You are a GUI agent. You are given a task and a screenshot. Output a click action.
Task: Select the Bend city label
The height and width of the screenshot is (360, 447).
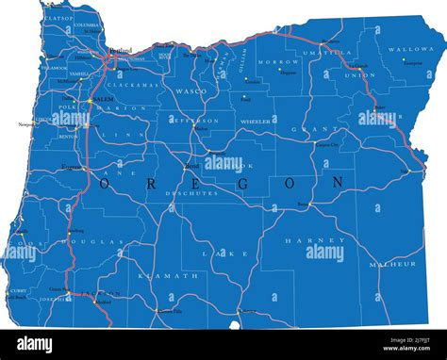[191, 166]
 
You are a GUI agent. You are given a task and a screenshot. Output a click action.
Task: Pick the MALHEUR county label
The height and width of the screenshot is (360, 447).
[392, 265]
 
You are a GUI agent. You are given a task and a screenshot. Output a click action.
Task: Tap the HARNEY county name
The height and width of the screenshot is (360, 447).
[309, 240]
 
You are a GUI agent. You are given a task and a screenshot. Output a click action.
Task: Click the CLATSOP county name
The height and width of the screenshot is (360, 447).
[58, 17]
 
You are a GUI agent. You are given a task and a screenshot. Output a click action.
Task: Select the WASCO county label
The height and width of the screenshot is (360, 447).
[191, 90]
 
